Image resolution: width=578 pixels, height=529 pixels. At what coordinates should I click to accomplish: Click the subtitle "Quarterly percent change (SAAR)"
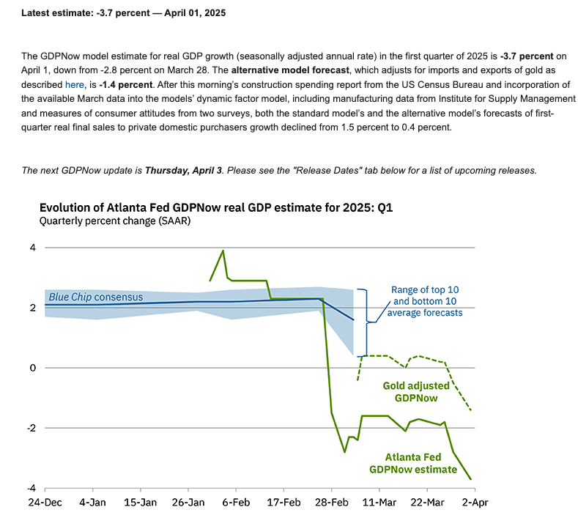[x=115, y=221]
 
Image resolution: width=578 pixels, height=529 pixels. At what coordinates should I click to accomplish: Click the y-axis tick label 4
[x=32, y=248]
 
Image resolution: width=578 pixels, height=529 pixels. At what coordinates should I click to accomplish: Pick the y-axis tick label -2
[x=31, y=428]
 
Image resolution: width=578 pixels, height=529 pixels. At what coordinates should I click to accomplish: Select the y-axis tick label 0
[x=32, y=368]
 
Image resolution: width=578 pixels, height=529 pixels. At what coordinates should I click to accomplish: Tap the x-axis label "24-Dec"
[x=45, y=503]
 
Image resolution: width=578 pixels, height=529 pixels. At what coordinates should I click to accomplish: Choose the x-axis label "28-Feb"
[x=331, y=503]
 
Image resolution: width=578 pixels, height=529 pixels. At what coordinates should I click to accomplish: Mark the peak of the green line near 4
[x=223, y=251]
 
